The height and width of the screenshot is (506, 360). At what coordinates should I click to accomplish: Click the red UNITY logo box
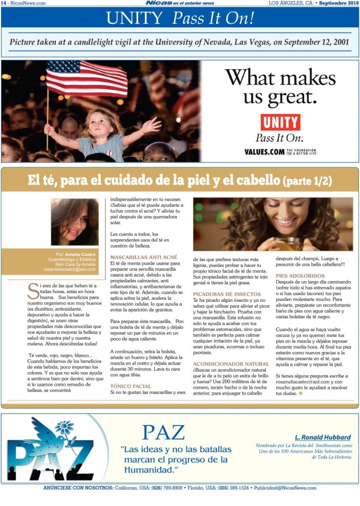pyautogui.click(x=280, y=122)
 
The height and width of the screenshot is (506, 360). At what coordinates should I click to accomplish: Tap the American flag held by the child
pyautogui.click(x=86, y=78)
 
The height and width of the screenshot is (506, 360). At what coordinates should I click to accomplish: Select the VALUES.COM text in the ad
pyautogui.click(x=264, y=152)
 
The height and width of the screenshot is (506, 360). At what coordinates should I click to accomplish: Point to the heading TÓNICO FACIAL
pyautogui.click(x=130, y=386)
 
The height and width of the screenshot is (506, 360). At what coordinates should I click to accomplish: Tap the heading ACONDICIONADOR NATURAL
pyautogui.click(x=231, y=364)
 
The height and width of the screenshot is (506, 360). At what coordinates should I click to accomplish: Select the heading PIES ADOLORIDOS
pyautogui.click(x=300, y=276)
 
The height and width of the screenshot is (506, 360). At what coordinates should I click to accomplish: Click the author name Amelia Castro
pyautogui.click(x=81, y=254)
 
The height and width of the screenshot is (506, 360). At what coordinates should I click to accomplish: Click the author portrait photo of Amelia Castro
pyautogui.click(x=74, y=222)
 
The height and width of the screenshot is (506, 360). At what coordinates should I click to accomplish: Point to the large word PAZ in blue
pyautogui.click(x=163, y=432)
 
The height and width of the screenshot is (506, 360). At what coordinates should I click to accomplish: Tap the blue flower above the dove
pyautogui.click(x=64, y=427)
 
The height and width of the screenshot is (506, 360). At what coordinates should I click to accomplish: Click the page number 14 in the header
pyautogui.click(x=4, y=3)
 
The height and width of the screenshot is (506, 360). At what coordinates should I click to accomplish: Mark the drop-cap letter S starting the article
pyautogui.click(x=32, y=291)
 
